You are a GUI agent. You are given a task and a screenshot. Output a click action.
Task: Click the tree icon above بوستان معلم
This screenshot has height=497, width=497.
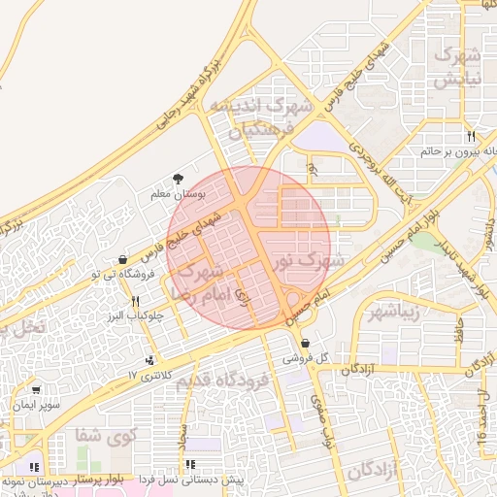tap(179, 179)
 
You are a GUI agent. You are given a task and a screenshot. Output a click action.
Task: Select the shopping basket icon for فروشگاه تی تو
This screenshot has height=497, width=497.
tap(122, 260)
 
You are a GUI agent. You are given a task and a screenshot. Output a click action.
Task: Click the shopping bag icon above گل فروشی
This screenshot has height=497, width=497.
tap(305, 344)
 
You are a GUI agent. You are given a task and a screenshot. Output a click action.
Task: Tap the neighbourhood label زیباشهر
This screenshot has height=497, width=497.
tap(392, 311)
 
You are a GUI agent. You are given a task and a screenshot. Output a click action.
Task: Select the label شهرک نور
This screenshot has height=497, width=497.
tap(307, 261)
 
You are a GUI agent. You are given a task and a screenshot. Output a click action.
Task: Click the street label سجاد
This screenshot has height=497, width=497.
tap(182, 447)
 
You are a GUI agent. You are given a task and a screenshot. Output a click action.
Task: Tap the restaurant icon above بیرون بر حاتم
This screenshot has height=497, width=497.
tap(471, 136)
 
